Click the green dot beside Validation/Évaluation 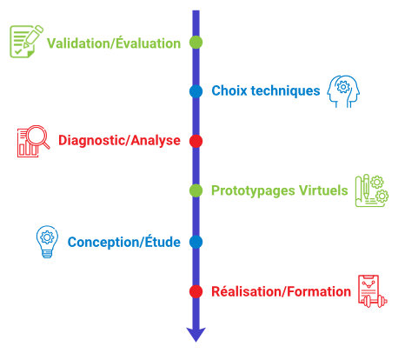coord(196,43)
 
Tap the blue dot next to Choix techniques coord(196,91)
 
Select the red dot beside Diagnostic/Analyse coord(196,141)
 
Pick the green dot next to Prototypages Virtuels coord(196,190)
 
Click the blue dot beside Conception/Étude coord(196,242)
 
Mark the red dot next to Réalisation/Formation coord(196,291)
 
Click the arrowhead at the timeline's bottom coord(196,334)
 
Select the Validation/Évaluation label coord(114,43)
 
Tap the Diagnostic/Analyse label coord(119,140)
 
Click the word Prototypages coord(253,191)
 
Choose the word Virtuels coord(323,190)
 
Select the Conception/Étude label coord(124,242)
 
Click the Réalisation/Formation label coord(281,291)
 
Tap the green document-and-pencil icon coord(26,42)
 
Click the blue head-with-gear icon coord(343,91)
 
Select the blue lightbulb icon coord(47,242)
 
